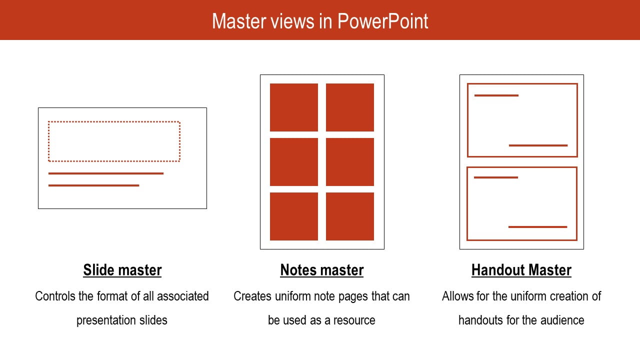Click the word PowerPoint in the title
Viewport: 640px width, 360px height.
pyautogui.click(x=382, y=21)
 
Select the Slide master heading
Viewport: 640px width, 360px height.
pyautogui.click(x=122, y=270)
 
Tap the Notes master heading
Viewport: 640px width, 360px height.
pyautogui.click(x=321, y=270)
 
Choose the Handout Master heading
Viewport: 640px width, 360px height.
pyautogui.click(x=521, y=270)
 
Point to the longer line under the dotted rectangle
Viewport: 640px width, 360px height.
pyautogui.click(x=106, y=173)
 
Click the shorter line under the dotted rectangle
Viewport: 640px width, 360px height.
pyautogui.click(x=93, y=185)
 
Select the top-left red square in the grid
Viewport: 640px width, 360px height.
pyautogui.click(x=294, y=107)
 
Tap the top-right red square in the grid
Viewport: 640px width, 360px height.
pyautogui.click(x=350, y=107)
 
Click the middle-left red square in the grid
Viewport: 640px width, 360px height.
pyautogui.click(x=294, y=162)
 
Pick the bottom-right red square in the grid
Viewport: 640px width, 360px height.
pyautogui.click(x=350, y=216)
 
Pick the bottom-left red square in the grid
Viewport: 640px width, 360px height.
pyautogui.click(x=294, y=216)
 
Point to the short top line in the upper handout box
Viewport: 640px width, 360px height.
pyautogui.click(x=496, y=95)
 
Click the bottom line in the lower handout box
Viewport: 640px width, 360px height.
pyautogui.click(x=537, y=227)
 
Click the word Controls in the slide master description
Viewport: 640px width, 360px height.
pyautogui.click(x=55, y=296)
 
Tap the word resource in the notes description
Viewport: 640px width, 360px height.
pyautogui.click(x=354, y=320)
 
